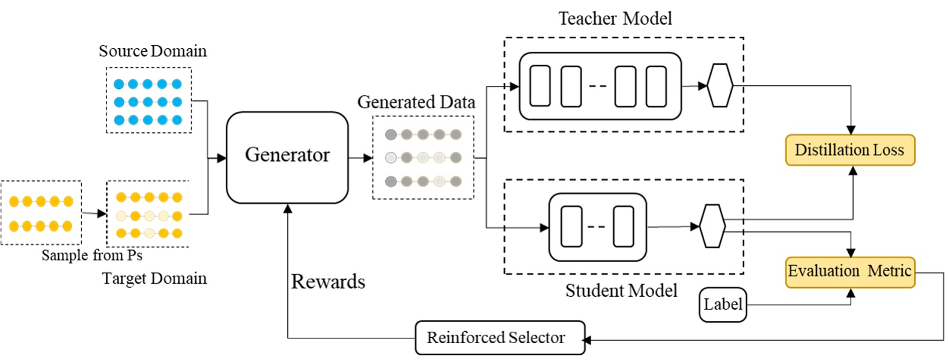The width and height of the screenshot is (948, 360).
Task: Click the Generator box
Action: [x=287, y=157]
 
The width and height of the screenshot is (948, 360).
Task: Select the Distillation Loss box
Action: [x=849, y=150]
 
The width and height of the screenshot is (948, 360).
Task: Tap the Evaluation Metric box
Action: [x=849, y=272]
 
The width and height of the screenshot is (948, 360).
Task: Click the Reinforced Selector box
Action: [x=499, y=338]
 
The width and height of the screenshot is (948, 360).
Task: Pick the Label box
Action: [x=723, y=305]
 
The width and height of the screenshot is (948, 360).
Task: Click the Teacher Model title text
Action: [x=615, y=19]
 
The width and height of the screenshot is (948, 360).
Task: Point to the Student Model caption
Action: [x=621, y=291]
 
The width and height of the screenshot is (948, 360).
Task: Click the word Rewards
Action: [x=328, y=281]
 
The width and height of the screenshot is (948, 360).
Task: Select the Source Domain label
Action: [x=153, y=51]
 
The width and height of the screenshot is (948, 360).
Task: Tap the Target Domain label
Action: [x=154, y=278]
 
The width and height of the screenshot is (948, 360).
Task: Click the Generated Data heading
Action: [x=416, y=102]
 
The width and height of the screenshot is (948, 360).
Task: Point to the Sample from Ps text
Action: [x=92, y=255]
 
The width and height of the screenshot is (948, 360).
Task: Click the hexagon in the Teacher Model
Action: [x=720, y=85]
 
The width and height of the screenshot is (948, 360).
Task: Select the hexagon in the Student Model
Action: [x=713, y=226]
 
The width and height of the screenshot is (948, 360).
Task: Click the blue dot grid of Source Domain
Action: [x=148, y=101]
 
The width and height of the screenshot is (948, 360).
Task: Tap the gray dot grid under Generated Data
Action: [x=423, y=157]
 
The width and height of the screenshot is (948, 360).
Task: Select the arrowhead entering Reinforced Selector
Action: [x=587, y=340]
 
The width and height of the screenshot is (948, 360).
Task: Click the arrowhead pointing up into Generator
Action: [x=288, y=209]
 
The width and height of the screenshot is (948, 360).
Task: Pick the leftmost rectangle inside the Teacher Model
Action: [x=540, y=86]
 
